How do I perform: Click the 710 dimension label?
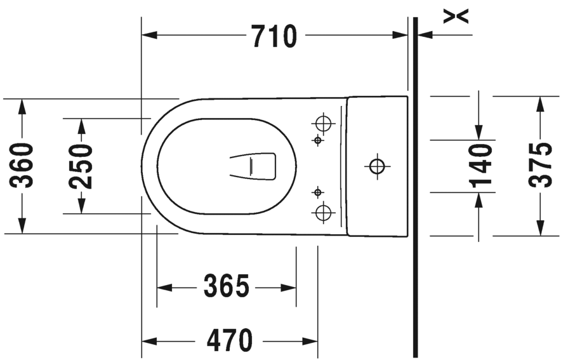274,36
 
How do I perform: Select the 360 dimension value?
22,165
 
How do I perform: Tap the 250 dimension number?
81,166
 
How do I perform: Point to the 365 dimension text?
226,286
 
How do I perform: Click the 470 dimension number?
229,340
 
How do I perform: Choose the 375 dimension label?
540,165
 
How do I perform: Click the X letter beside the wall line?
456,17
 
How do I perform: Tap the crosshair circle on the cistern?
377,166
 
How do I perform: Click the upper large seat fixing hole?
324,124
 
